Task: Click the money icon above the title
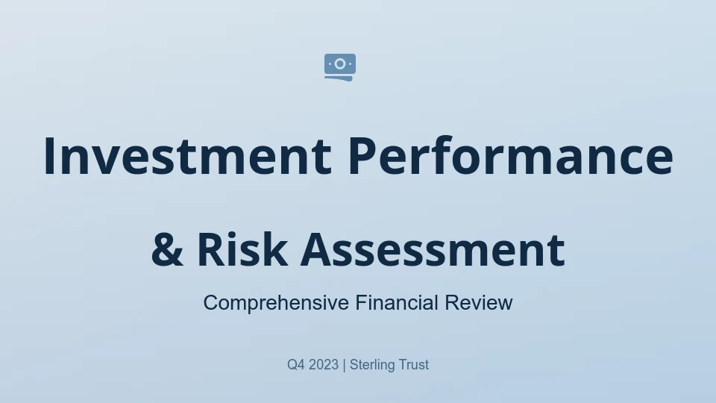(x=340, y=67)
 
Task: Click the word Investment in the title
(x=188, y=156)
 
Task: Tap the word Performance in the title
(x=511, y=156)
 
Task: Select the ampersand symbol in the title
(x=167, y=249)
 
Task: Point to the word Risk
(x=242, y=249)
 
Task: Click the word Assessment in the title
(x=433, y=249)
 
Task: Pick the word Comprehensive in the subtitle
(x=276, y=303)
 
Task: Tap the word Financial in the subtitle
(x=397, y=302)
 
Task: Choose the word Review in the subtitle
(x=479, y=303)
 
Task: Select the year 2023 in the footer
(x=324, y=365)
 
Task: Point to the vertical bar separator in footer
(x=345, y=365)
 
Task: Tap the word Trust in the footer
(x=414, y=365)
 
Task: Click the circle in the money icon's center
(x=340, y=64)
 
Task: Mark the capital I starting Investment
(x=49, y=156)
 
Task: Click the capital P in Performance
(x=362, y=156)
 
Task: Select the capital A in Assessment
(x=317, y=249)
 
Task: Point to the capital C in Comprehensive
(x=210, y=302)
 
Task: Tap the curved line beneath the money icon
(x=339, y=78)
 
